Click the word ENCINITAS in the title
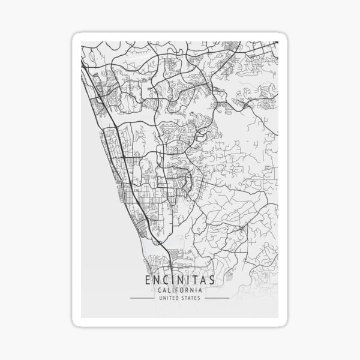pos(179,280)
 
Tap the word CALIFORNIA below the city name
pos(179,290)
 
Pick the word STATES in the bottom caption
pos(192,298)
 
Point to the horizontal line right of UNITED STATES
pos(216,298)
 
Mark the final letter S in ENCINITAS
pos(211,280)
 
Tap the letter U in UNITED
pos(160,298)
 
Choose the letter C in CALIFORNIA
pos(159,290)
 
